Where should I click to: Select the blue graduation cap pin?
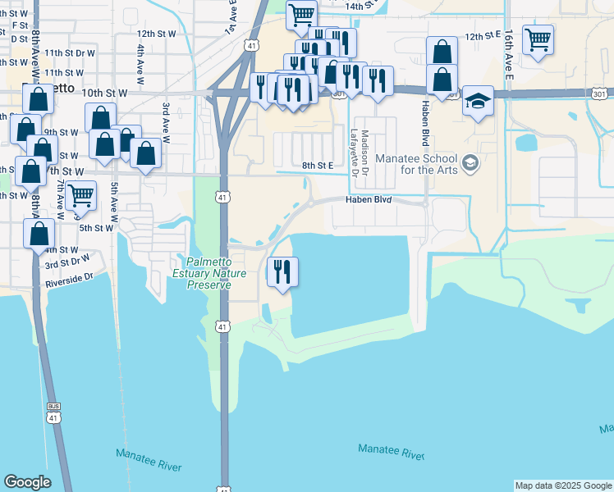pos(478,101)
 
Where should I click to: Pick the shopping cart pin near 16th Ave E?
pos(538,39)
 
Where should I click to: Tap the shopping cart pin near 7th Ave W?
pos(80,196)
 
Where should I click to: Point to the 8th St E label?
pos(318,166)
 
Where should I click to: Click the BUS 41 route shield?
pos(54,412)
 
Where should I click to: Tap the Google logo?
pos(27,482)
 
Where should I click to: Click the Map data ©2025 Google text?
pos(562,485)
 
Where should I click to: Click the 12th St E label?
pos(483,37)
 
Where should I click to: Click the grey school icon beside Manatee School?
pos(470,162)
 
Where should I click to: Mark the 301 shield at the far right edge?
pos(603,93)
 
